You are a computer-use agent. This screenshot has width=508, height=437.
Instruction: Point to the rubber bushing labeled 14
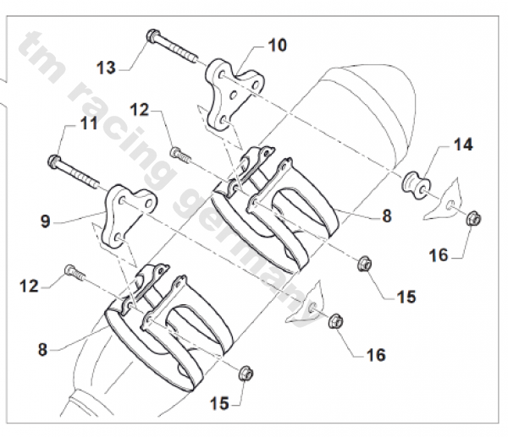point(414,184)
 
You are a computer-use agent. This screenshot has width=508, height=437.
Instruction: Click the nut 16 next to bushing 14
point(474,219)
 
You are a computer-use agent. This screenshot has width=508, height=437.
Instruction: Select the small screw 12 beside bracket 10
point(179,155)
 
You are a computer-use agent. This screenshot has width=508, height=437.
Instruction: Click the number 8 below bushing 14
point(386,216)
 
